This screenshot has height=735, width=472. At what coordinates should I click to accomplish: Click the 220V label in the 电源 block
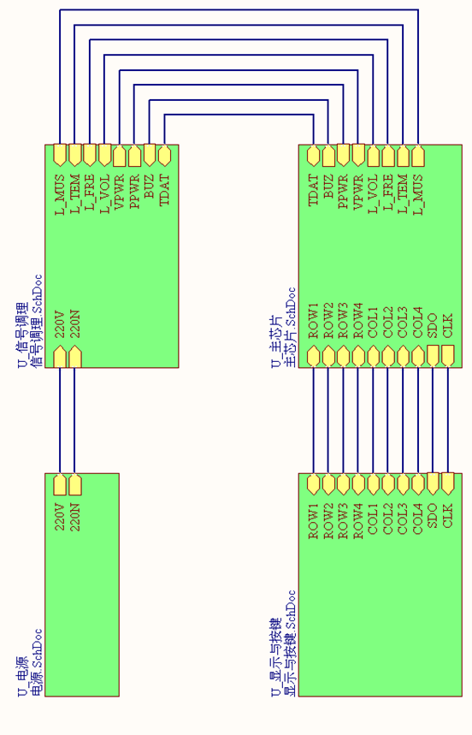(60, 517)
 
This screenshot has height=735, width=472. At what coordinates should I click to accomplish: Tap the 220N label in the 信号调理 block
(75, 323)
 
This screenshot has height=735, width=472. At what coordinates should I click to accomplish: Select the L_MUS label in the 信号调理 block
(60, 194)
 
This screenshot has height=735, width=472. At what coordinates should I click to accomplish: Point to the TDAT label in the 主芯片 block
(313, 190)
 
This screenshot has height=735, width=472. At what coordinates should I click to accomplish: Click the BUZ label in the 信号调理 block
(150, 186)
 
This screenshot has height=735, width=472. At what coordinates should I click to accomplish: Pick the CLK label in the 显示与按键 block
(448, 515)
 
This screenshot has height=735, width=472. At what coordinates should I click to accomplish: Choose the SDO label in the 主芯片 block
(433, 325)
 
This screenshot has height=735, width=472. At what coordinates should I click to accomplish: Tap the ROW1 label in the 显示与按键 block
(313, 521)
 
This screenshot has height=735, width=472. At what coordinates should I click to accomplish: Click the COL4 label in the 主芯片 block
(417, 322)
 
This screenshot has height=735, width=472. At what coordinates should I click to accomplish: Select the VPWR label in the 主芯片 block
(358, 192)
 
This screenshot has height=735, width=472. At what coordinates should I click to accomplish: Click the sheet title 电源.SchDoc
(38, 661)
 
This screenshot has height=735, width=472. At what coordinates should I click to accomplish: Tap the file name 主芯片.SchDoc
(291, 327)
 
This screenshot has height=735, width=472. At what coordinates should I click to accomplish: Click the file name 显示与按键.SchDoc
(291, 643)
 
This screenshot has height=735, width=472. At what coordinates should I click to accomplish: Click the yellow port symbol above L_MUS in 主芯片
(417, 156)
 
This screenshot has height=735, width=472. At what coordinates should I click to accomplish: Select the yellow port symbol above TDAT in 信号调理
(164, 156)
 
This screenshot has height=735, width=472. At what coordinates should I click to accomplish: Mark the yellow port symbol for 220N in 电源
(75, 484)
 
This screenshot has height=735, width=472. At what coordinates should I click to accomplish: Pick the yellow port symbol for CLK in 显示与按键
(448, 484)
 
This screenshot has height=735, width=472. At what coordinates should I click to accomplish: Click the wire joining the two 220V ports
(60, 420)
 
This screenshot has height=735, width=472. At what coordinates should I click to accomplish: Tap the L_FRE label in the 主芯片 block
(388, 193)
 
